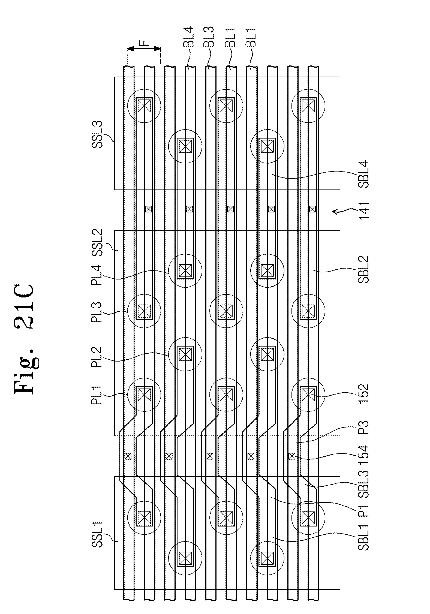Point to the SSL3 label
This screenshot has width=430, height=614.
[97, 134]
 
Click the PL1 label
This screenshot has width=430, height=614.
[97, 395]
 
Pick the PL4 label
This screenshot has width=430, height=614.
[97, 275]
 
